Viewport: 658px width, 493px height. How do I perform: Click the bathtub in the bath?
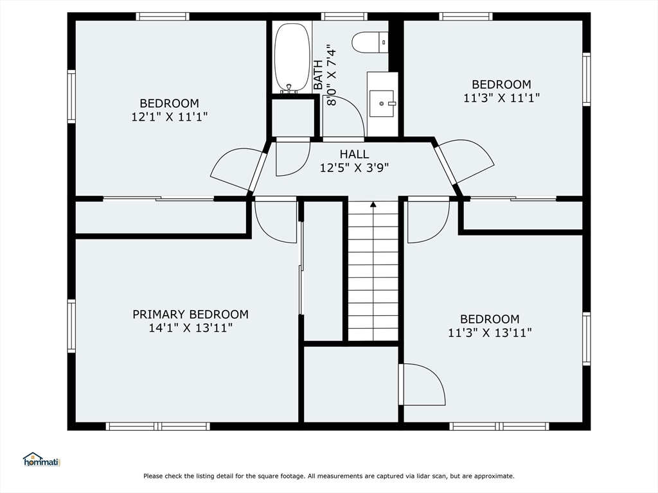coord(292,57)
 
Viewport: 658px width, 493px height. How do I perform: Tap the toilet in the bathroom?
coord(369,42)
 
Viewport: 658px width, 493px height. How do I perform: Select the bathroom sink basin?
coord(382,103)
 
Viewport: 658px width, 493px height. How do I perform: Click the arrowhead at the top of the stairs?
coord(373,205)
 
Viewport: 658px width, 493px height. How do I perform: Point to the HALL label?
coord(355,154)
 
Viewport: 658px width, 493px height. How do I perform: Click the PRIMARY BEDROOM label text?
coord(190,315)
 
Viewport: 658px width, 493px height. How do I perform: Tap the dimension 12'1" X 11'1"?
coord(170,117)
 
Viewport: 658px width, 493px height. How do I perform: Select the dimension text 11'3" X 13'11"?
coord(490,333)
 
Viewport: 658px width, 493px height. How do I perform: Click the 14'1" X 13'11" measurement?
coord(190,328)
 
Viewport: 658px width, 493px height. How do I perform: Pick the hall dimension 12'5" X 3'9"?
coord(355,168)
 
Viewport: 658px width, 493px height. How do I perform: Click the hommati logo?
coord(42,460)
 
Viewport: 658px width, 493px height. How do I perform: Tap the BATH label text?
coord(319,75)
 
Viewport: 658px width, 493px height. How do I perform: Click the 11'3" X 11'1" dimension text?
coord(501,98)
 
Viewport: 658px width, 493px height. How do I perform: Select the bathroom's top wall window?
coord(344,16)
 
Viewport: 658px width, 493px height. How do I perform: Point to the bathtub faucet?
coord(289,89)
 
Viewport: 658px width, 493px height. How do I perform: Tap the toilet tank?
coord(384,42)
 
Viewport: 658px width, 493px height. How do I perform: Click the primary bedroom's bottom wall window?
coord(158,426)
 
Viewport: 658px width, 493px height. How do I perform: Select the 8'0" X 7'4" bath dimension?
coord(332,75)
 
